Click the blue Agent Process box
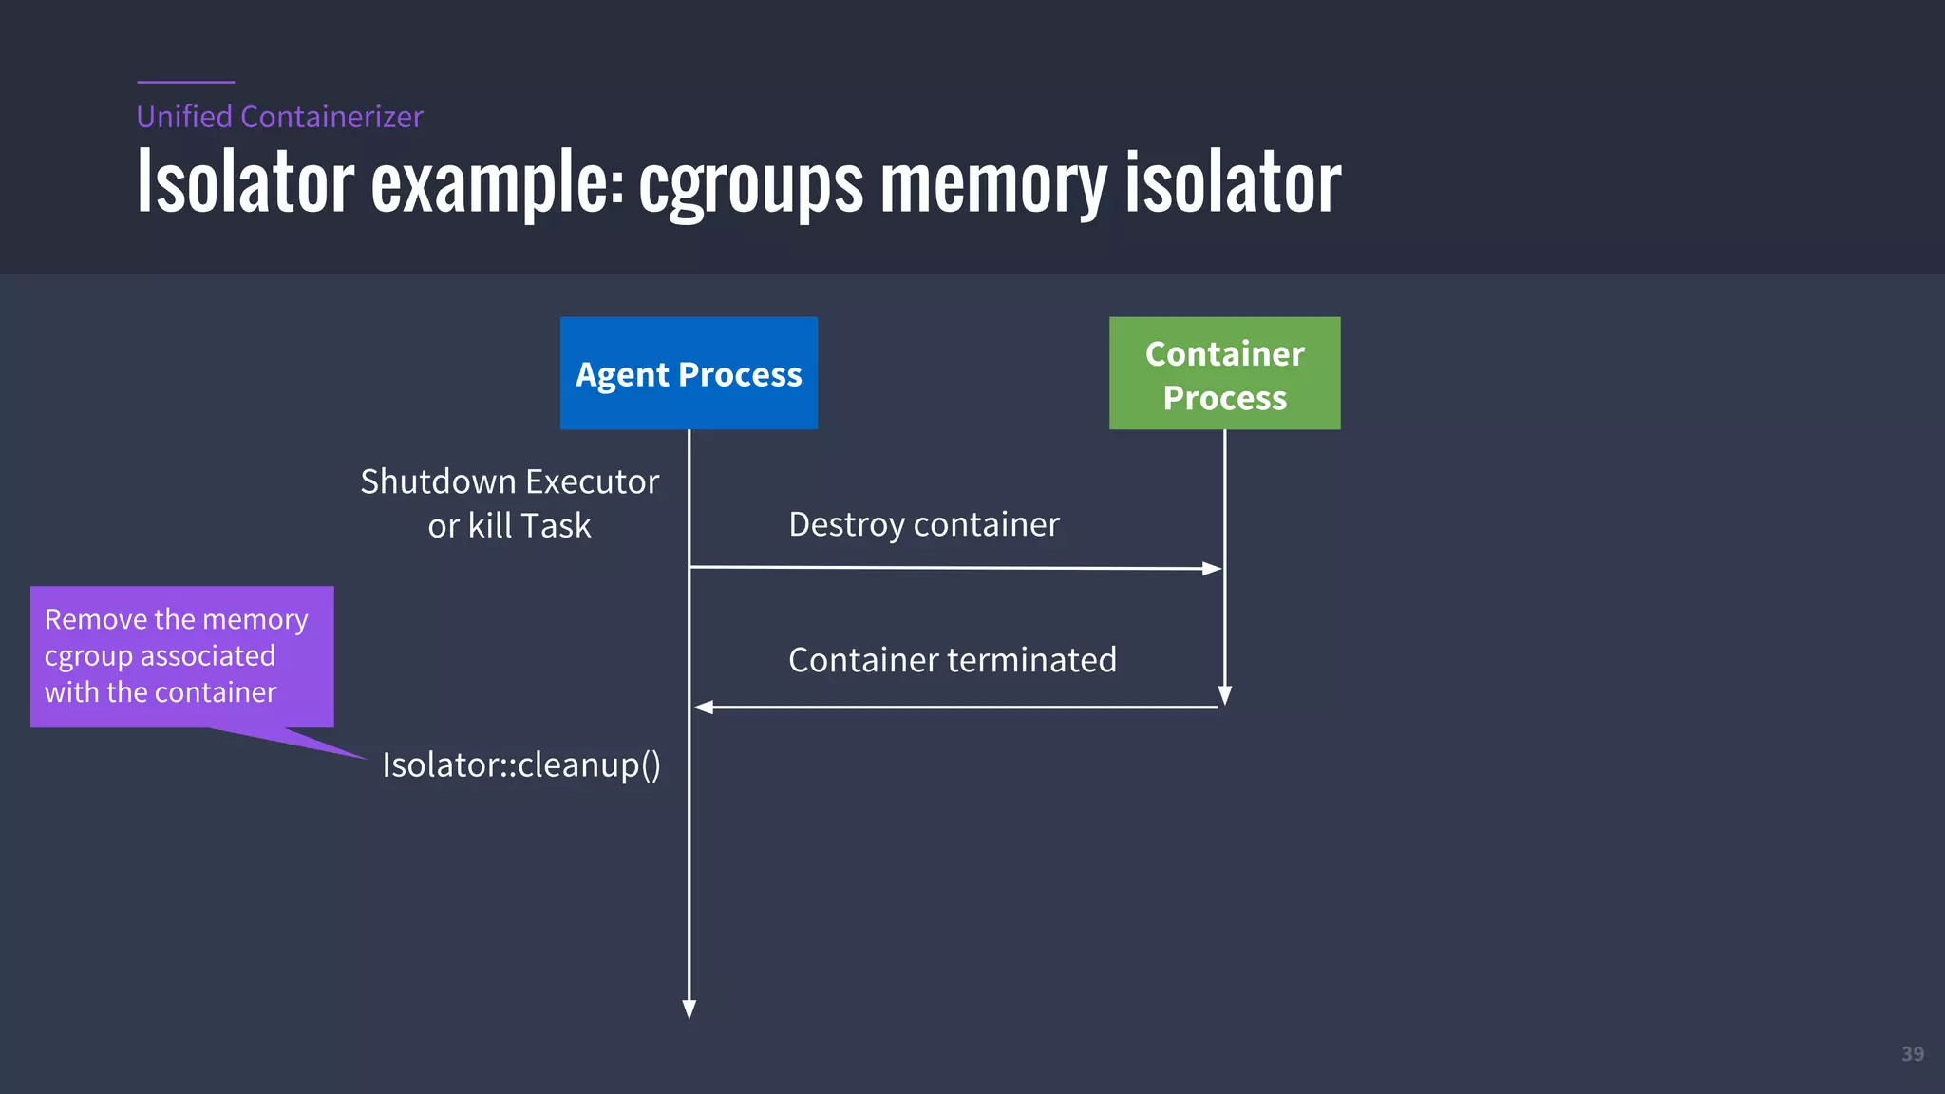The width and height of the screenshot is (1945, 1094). coord(689,373)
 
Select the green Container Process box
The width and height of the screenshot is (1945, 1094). coord(1224,373)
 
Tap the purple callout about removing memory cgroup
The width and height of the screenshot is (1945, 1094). coord(181,656)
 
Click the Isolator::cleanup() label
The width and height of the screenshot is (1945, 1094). coord(521,764)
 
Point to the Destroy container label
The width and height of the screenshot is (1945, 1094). coord(923,524)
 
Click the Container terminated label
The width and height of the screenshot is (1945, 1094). coord(952,660)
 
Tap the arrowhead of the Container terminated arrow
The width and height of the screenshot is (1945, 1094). coord(704,707)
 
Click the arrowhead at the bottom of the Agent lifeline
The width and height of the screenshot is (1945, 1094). coord(689,1009)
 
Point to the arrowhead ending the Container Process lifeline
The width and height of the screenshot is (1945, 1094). coord(1225,695)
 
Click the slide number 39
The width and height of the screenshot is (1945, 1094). coord(1913,1054)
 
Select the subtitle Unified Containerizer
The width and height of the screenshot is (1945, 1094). coord(279,117)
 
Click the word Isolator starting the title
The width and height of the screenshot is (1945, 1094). coord(245,183)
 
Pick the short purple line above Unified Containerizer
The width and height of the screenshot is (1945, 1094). coord(185,82)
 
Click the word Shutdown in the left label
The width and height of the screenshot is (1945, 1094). coord(438,481)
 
